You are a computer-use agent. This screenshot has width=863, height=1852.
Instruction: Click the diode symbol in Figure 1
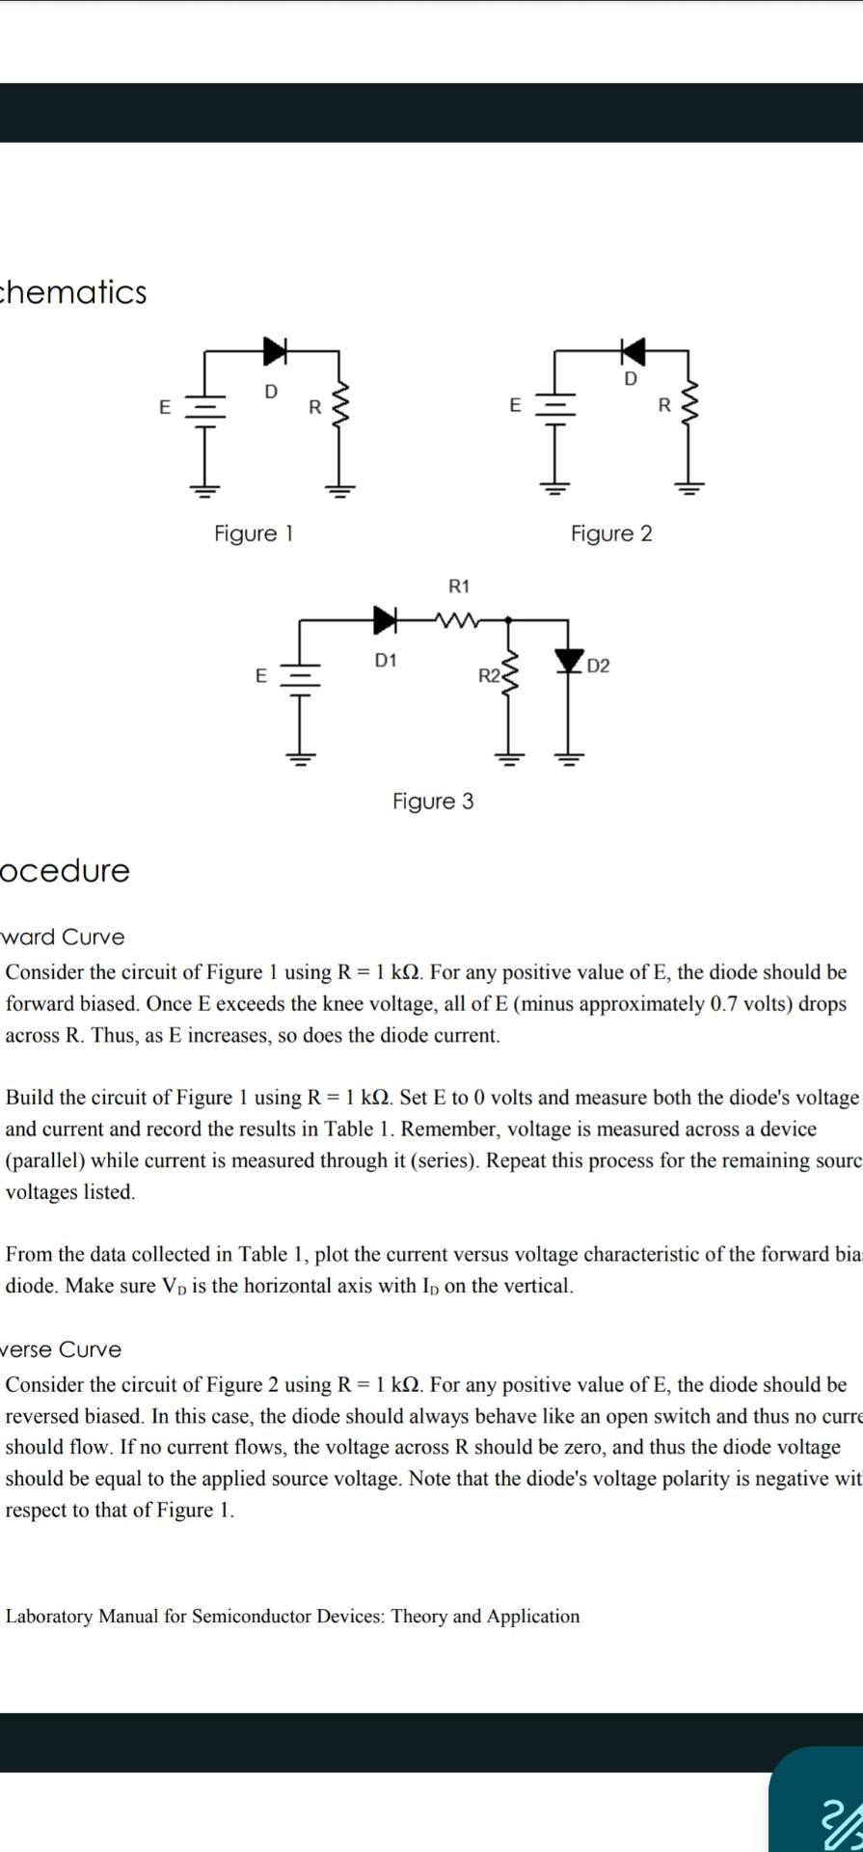click(x=277, y=352)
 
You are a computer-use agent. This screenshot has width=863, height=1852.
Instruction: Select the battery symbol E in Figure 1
click(x=203, y=407)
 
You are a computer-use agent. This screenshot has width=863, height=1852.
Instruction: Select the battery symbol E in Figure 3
click(x=300, y=676)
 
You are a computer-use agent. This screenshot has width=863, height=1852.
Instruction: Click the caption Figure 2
click(x=611, y=533)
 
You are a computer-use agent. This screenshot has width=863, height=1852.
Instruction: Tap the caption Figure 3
click(x=433, y=802)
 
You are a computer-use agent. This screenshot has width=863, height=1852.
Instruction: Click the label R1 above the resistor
click(x=459, y=586)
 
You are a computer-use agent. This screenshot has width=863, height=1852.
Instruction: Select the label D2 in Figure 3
click(x=598, y=667)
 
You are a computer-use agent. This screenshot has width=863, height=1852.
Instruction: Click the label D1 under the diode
click(x=385, y=661)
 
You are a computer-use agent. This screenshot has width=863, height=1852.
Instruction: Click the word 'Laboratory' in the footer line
click(x=49, y=1616)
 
